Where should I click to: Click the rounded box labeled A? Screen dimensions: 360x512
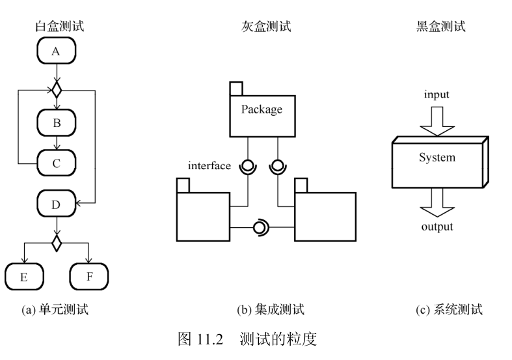pyautogui.click(x=57, y=51)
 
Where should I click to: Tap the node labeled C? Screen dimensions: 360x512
pyautogui.click(x=57, y=163)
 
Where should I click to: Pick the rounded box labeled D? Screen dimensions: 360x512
pyautogui.click(x=57, y=204)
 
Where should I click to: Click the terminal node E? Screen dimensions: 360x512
pyautogui.click(x=23, y=276)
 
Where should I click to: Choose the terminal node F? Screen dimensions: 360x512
pyautogui.click(x=88, y=276)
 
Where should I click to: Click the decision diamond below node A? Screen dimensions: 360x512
pyautogui.click(x=57, y=87)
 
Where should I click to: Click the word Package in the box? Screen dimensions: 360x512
pyautogui.click(x=262, y=109)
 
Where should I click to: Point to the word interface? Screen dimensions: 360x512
pyautogui.click(x=209, y=165)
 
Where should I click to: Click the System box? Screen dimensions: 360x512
pyautogui.click(x=437, y=158)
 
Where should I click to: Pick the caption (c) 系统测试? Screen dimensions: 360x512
pyautogui.click(x=449, y=309)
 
